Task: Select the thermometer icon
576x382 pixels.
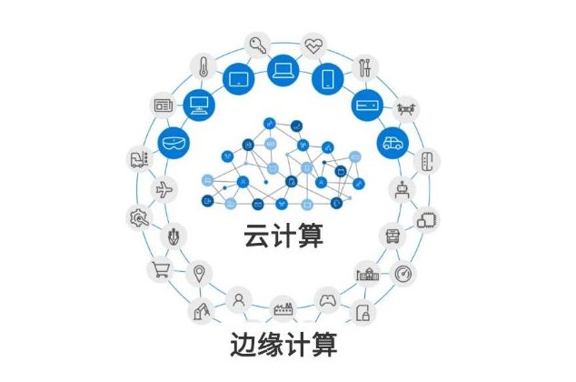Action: pos(202,65)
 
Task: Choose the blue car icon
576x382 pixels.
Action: pos(392,143)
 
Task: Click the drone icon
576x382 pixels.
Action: pos(408,106)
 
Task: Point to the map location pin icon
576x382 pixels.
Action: pos(200,272)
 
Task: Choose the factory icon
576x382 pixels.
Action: pos(283,308)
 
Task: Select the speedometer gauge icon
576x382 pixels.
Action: pos(403,274)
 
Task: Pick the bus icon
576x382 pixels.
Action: pos(392,235)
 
